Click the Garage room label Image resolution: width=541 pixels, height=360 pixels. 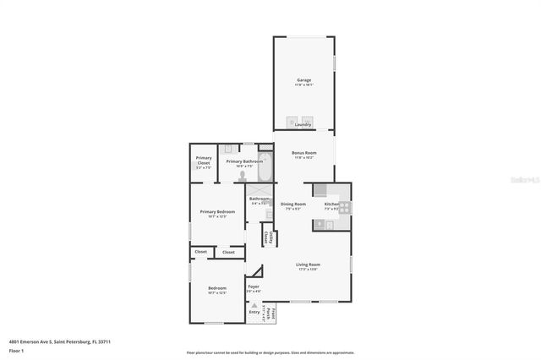coord(303,80)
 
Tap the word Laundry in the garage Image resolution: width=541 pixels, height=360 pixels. coord(303,124)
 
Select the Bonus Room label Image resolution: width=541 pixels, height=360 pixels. coord(303,154)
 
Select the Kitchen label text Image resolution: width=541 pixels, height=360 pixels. coord(332,204)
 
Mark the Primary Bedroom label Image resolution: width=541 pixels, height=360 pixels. coord(217,212)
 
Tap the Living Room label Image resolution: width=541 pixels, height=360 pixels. coord(308,265)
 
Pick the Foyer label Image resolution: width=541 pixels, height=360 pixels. coord(254,286)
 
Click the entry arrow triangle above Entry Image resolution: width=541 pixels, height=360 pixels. coord(253,305)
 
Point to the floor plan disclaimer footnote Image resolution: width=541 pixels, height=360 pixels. coord(270,352)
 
